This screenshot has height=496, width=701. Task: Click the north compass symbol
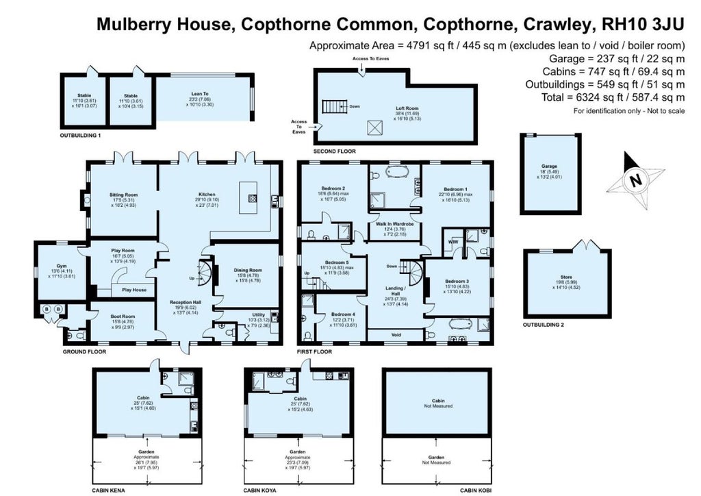[x=636, y=180]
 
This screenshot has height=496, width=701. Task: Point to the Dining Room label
[x=247, y=271]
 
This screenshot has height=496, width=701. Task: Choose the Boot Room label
[x=124, y=316]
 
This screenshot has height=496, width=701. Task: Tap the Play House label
[x=134, y=290]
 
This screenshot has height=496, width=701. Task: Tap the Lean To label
[x=200, y=94]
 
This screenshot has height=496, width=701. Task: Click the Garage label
[x=550, y=166]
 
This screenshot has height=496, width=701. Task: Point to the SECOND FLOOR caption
[x=334, y=150]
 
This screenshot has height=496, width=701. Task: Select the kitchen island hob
[x=252, y=199]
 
